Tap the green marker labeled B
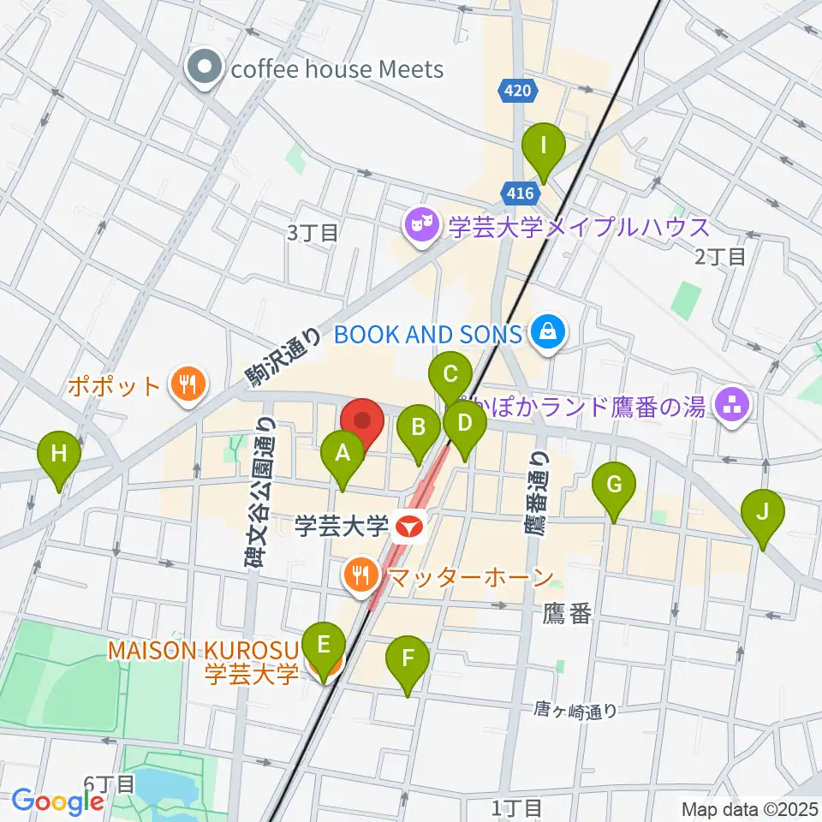pyautogui.click(x=419, y=427)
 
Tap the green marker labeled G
pyautogui.click(x=614, y=485)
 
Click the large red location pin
pyautogui.click(x=362, y=421)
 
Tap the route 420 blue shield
pyautogui.click(x=519, y=90)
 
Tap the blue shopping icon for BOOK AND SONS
pyautogui.click(x=547, y=333)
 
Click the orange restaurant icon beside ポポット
pyautogui.click(x=184, y=386)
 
